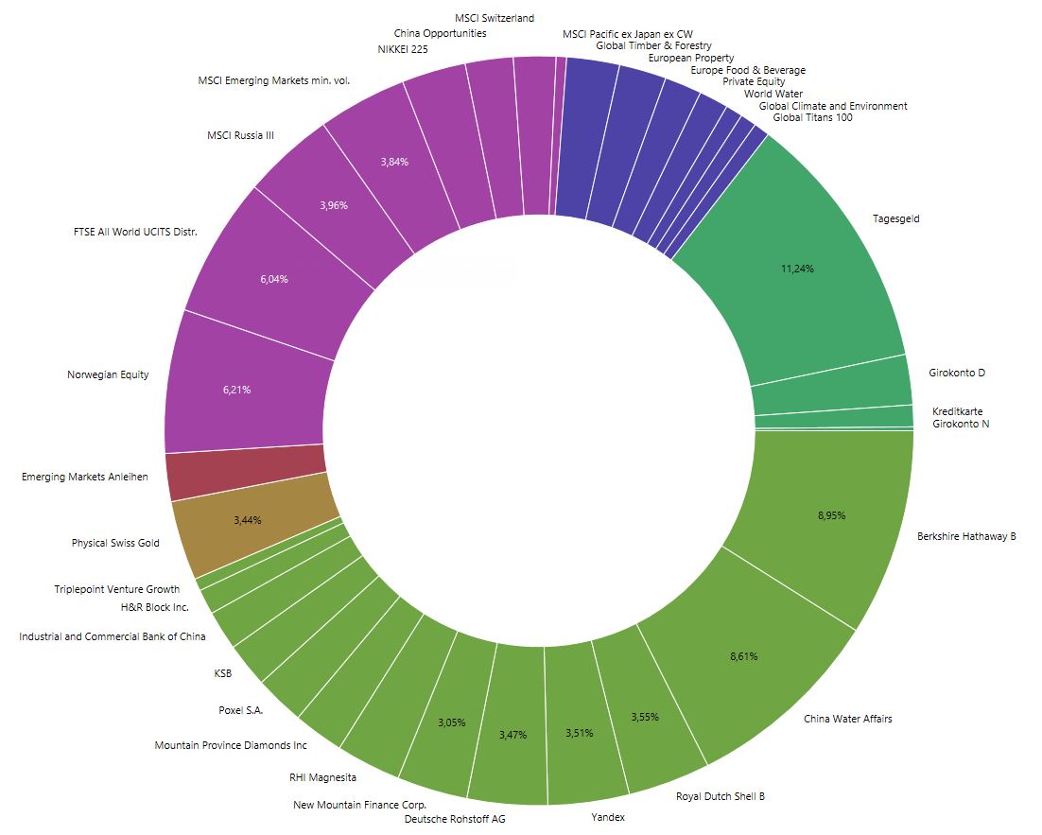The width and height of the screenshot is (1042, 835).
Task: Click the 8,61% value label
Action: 743,655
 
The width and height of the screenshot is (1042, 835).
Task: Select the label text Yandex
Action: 608,817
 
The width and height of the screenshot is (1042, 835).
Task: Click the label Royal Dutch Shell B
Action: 720,796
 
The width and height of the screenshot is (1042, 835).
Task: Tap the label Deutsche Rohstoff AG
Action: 455,819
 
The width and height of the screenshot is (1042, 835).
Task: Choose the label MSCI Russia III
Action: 240,135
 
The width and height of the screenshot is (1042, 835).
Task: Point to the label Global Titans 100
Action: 812,118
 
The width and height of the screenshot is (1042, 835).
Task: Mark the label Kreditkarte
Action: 957,411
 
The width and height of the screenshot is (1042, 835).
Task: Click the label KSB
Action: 223,674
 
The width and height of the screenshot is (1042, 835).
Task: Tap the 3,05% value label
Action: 451,722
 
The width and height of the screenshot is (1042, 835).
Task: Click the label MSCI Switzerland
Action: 494,18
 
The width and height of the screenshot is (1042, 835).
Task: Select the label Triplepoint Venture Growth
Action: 116,589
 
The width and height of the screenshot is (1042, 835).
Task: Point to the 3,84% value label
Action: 394,162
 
